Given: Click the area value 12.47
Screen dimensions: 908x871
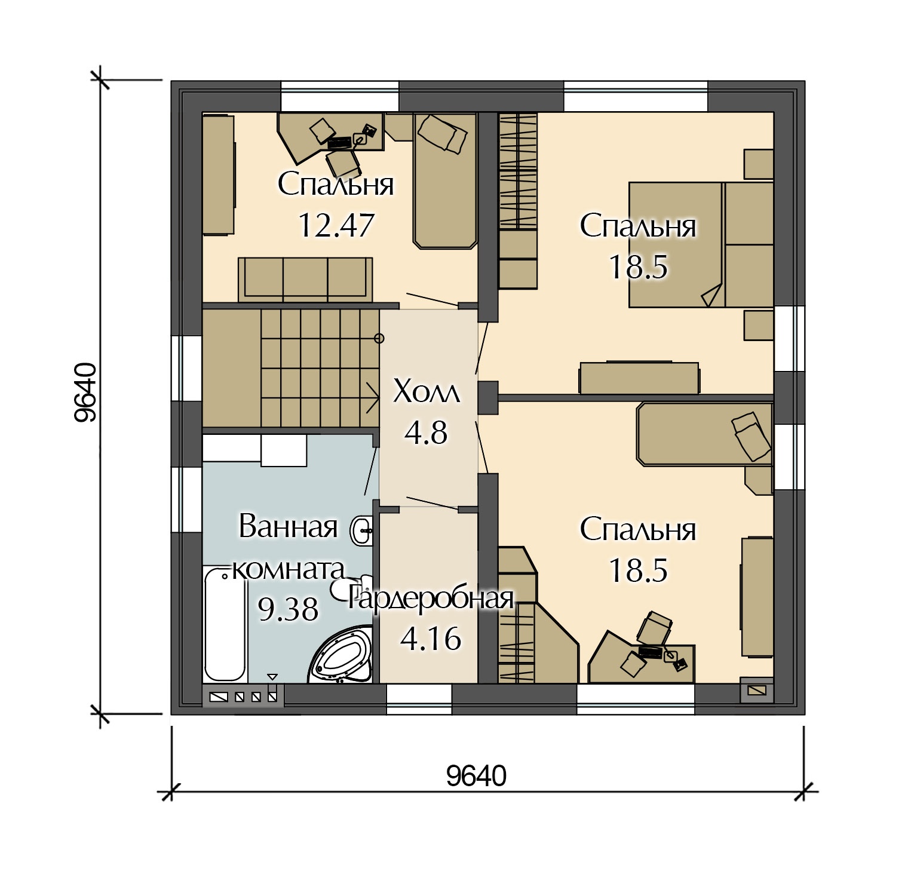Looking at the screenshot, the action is coord(336,225).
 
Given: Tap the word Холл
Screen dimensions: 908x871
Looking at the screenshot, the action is coord(427,392).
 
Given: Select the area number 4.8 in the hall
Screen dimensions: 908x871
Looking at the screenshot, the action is coord(426,433).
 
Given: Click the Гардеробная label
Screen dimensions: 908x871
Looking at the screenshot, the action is coord(431,598).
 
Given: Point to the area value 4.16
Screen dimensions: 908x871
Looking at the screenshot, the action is coord(431,639).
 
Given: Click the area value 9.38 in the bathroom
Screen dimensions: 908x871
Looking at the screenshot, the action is coord(288,609).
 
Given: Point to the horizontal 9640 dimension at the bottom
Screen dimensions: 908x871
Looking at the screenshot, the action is coord(476,776).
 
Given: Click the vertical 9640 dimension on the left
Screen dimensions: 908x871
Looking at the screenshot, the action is coord(85,392).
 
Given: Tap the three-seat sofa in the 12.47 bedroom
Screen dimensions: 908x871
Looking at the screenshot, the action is coord(305,280).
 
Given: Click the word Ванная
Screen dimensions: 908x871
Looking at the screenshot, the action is coord(289,527).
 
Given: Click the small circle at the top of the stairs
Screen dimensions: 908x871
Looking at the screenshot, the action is coord(379,339).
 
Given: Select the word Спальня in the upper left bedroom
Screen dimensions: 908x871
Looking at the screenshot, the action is coord(336,185).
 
